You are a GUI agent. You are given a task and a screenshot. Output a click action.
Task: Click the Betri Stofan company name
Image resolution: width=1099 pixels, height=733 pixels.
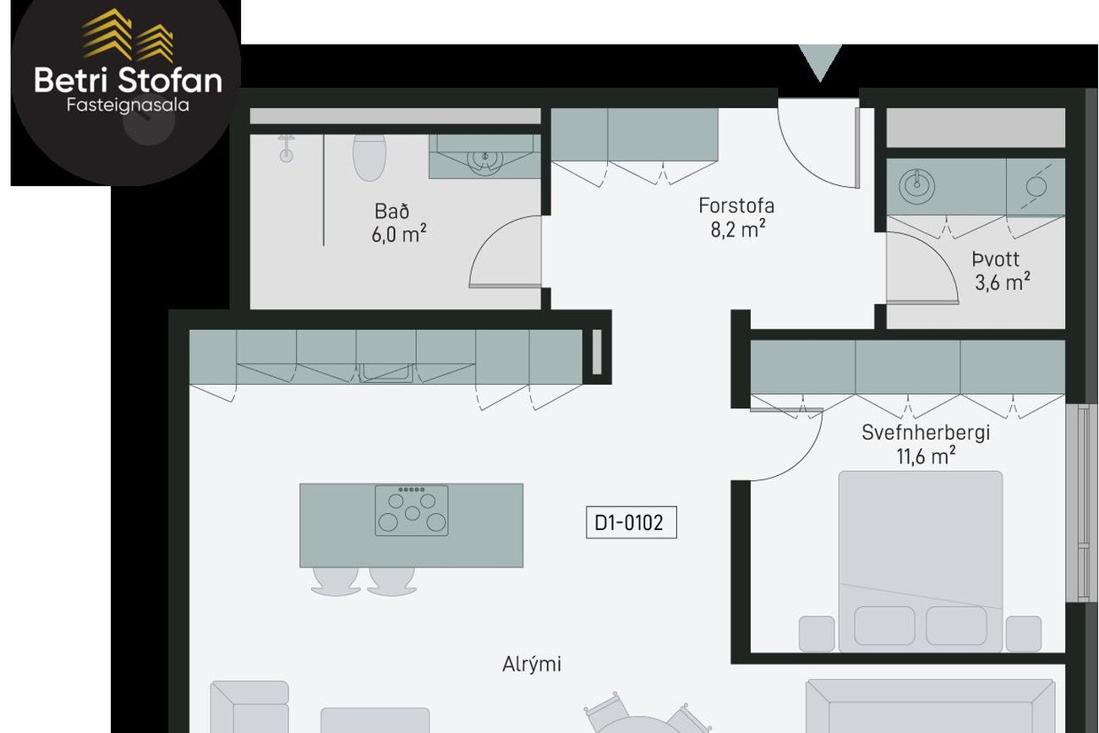128,80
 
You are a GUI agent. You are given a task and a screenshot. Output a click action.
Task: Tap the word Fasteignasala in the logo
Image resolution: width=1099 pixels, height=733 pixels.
128,105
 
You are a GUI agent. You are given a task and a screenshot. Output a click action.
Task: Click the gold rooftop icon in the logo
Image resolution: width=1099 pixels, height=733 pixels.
128,36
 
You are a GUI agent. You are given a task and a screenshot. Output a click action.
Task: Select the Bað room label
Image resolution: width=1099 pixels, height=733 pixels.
391,211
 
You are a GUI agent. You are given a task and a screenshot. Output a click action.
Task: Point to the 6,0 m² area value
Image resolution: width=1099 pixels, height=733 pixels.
398,234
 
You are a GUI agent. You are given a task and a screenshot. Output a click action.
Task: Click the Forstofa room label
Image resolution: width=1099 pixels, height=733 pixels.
736,205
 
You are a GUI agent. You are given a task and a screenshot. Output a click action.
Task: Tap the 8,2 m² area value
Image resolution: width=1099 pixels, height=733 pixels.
738,228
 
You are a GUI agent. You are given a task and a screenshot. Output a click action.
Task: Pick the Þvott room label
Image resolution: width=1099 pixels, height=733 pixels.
996,259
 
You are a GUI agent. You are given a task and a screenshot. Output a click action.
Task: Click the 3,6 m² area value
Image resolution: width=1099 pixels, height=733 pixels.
1002,282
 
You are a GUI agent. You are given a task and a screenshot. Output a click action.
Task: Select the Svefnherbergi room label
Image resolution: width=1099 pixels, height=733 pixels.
926,433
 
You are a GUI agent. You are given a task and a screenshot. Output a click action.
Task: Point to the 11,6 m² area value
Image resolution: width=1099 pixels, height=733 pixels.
926,456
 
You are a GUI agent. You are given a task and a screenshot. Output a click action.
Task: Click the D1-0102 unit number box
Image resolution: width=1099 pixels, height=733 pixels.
632,522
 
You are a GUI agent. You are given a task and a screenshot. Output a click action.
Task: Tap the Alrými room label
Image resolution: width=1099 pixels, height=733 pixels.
532,665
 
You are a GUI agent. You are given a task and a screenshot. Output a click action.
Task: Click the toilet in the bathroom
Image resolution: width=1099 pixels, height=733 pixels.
369,157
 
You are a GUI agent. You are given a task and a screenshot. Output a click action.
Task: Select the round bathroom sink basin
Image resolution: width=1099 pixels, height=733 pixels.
484,158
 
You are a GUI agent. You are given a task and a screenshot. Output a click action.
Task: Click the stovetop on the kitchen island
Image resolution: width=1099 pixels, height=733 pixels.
412,511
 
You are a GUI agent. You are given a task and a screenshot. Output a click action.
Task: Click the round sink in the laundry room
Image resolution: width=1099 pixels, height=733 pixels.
916,187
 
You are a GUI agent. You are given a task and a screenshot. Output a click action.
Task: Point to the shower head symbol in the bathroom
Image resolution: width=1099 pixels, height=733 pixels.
286,149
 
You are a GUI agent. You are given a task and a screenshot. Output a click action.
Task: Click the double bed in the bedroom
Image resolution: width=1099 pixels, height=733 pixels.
921,561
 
